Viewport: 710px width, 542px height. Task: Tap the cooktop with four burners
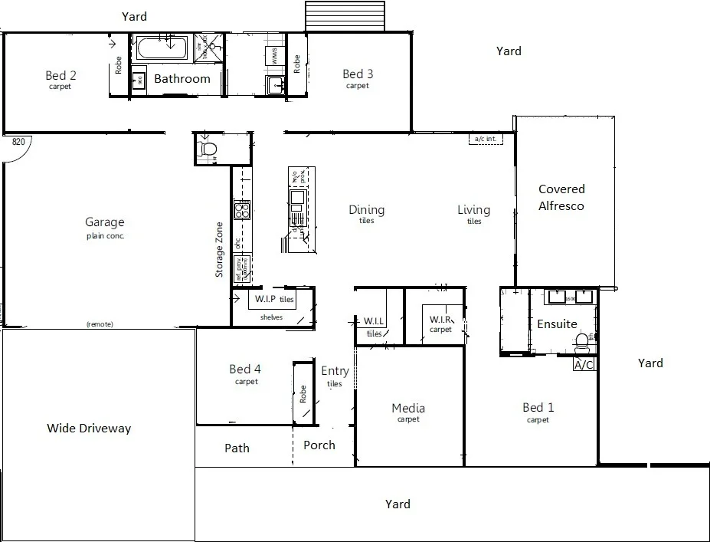[x=242, y=209]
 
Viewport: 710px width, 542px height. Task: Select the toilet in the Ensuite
[x=581, y=340]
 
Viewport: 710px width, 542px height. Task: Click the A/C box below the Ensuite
[x=584, y=365]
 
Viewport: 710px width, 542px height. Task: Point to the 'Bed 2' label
[x=61, y=75]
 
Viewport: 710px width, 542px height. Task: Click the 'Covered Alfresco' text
[x=561, y=197]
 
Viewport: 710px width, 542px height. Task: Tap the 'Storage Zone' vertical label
[x=219, y=249]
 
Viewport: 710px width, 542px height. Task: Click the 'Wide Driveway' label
[x=89, y=428]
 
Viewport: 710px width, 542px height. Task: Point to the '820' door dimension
[x=19, y=142]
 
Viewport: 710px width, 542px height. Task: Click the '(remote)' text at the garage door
[x=100, y=324]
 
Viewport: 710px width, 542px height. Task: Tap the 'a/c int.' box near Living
[x=484, y=140]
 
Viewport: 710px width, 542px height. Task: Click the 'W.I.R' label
[x=440, y=319]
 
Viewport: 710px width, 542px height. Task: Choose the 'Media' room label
[x=407, y=408]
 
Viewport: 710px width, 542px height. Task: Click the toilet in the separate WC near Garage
[x=207, y=148]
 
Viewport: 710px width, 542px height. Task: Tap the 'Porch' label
[x=319, y=445]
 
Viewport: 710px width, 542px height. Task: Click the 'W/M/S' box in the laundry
[x=274, y=55]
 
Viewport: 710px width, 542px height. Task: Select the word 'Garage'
[x=104, y=222]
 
